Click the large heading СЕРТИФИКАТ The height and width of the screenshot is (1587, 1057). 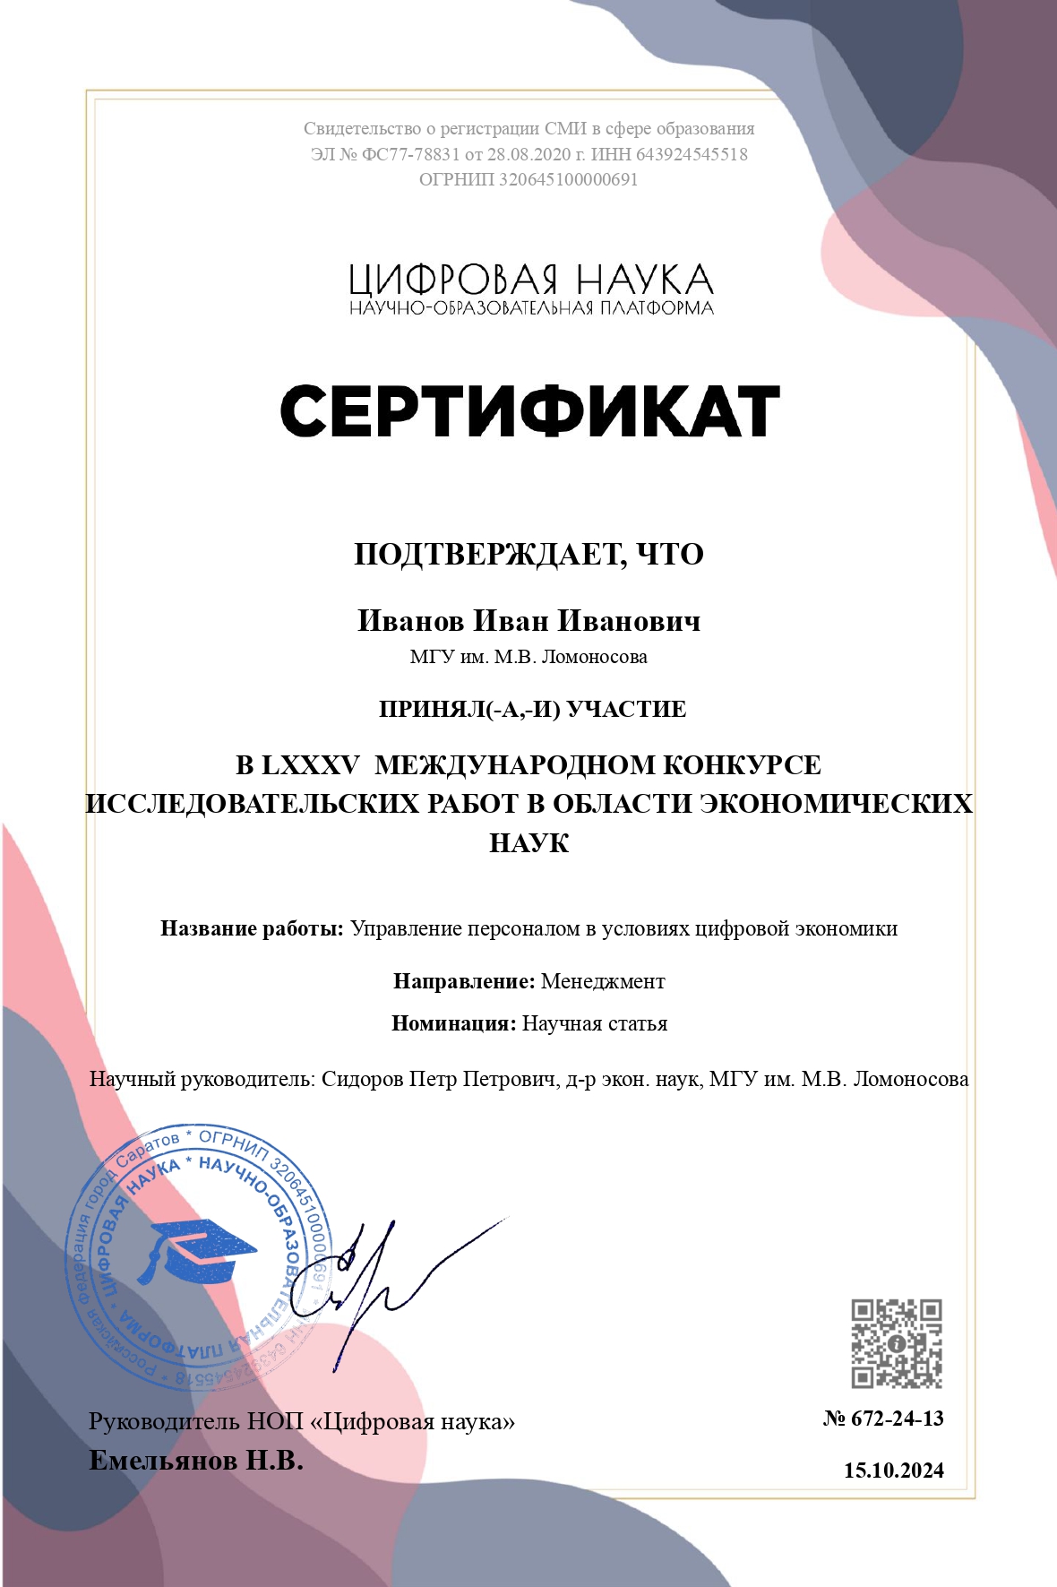pyautogui.click(x=529, y=411)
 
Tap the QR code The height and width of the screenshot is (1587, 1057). pyautogui.click(x=896, y=1343)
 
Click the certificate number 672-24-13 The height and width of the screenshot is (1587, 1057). pyautogui.click(x=897, y=1419)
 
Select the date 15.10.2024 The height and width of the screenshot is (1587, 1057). pyautogui.click(x=893, y=1471)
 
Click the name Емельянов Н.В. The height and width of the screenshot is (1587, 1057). pyautogui.click(x=196, y=1461)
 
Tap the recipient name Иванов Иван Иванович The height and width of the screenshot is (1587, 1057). pyautogui.click(x=528, y=621)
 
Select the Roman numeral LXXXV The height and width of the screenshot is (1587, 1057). pyautogui.click(x=310, y=765)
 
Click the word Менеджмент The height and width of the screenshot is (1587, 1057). pyautogui.click(x=603, y=981)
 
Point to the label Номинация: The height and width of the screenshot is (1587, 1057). pyautogui.click(x=453, y=1023)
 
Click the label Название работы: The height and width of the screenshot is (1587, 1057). pyautogui.click(x=252, y=928)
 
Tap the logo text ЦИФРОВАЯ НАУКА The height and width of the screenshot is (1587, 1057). pyautogui.click(x=530, y=280)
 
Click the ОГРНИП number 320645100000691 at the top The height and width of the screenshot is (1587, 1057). pyautogui.click(x=568, y=179)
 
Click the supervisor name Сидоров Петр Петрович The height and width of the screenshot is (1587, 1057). pyautogui.click(x=439, y=1079)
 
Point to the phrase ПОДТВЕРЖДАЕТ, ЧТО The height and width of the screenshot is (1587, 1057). pyautogui.click(x=528, y=555)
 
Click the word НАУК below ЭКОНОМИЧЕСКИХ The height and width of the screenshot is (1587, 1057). pyautogui.click(x=528, y=843)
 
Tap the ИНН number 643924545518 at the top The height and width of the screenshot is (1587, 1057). pyautogui.click(x=692, y=154)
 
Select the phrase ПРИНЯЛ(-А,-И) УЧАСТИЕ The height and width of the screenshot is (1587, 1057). pyautogui.click(x=532, y=710)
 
